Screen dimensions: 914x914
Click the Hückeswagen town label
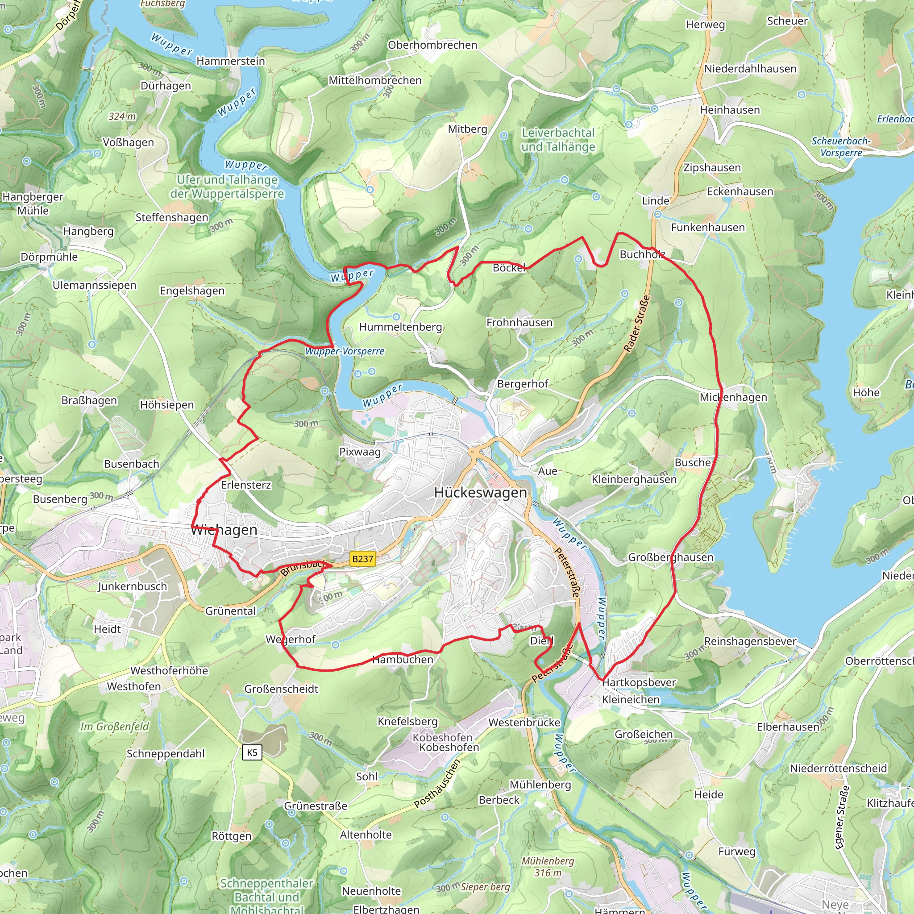coord(480,493)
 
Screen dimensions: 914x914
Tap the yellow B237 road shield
coord(362,559)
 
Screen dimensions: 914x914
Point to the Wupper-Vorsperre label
coord(345,351)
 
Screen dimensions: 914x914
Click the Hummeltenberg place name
coord(400,327)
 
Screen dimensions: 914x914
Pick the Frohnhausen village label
coord(519,323)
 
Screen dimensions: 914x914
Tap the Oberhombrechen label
coord(432,45)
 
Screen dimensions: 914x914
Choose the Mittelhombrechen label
coord(375,80)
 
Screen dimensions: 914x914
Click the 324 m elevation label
coord(122,116)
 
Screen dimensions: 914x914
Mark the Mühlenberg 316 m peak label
coord(548,867)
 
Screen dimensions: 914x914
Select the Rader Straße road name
coord(637,324)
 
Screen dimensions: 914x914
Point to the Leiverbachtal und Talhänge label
coord(558,140)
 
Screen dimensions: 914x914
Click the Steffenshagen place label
coord(172,218)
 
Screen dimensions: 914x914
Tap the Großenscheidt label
coord(281,689)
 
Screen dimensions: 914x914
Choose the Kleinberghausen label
coord(634,479)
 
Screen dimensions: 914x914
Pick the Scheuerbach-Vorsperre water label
coord(841,147)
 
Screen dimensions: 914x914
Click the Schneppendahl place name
coord(166,754)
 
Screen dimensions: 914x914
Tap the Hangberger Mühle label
coord(33,204)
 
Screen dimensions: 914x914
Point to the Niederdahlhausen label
coord(750,69)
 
